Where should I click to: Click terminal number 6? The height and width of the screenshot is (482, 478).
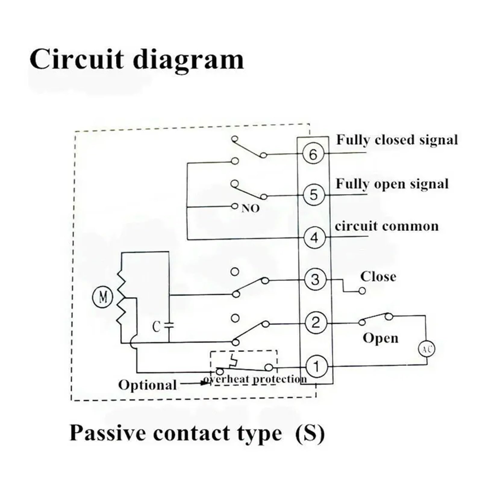(x=313, y=154)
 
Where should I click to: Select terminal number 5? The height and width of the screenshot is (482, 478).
(x=314, y=195)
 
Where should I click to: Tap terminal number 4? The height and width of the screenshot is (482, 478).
(x=314, y=238)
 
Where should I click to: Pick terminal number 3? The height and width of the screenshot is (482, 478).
(x=315, y=280)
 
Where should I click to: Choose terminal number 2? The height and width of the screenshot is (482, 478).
(x=316, y=323)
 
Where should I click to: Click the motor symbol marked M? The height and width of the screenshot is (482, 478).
(x=102, y=297)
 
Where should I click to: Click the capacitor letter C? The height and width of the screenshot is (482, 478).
(x=156, y=326)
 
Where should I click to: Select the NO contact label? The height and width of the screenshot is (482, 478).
(x=250, y=208)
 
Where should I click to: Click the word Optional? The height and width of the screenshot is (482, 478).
(x=147, y=385)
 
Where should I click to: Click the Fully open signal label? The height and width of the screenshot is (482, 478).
(x=392, y=184)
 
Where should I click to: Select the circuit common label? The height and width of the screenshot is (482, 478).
(x=387, y=226)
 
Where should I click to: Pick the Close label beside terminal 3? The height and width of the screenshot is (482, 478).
(x=378, y=277)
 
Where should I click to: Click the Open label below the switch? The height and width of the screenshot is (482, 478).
(x=380, y=338)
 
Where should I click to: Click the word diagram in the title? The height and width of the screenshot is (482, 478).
(x=188, y=59)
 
